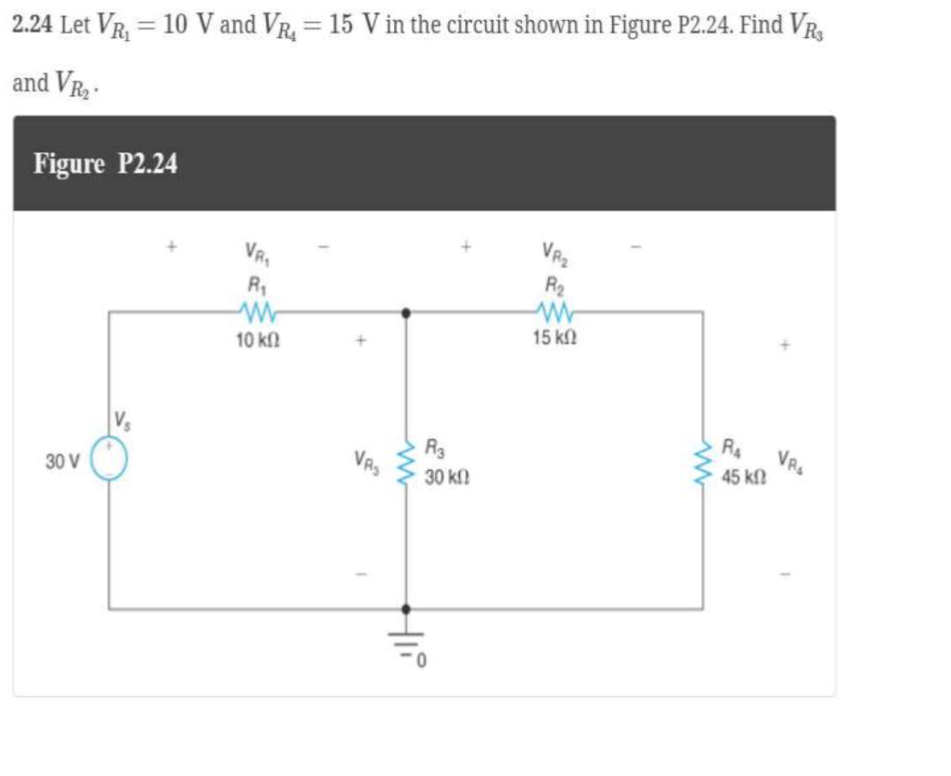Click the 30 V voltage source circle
point(109,459)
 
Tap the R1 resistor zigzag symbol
point(257,313)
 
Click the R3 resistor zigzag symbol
point(406,464)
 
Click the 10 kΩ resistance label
point(257,341)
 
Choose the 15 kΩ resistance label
point(554,338)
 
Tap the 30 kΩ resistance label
point(447,477)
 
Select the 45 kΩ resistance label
point(744,477)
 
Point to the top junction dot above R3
point(406,313)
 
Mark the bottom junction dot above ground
point(406,609)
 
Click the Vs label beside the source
point(122,420)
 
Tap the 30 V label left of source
point(62,461)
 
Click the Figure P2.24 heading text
point(105,163)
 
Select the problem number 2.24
point(32,25)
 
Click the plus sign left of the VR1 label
point(171,246)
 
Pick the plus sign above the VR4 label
point(785,345)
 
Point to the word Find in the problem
point(761,25)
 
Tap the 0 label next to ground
point(421,660)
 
